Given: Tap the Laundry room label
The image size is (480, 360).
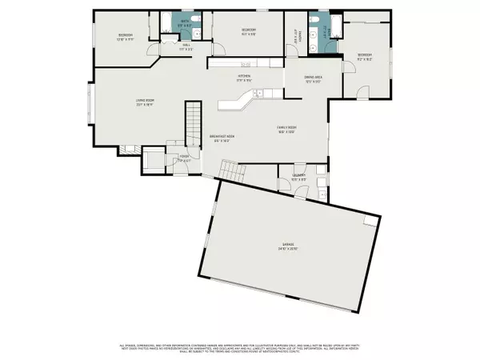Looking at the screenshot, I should (298, 177).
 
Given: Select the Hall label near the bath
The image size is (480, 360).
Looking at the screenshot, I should (186, 46).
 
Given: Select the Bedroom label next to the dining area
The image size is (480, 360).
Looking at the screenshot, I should (366, 57).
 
